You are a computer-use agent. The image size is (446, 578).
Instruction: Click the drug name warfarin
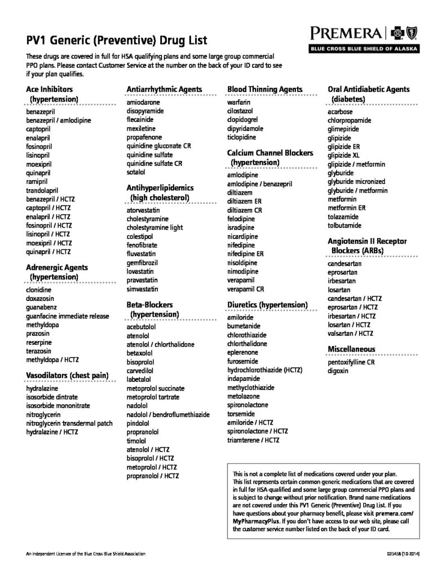tap(239, 102)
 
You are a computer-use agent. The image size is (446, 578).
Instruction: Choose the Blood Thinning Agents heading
tap(264, 89)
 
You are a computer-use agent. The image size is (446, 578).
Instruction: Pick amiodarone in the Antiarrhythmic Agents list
tap(143, 103)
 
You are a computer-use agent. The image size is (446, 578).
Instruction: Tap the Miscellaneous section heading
tap(351, 349)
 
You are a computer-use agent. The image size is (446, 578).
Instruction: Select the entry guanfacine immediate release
tap(68, 316)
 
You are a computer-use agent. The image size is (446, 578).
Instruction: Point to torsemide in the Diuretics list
tap(241, 414)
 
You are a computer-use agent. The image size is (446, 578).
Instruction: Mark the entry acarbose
tap(341, 112)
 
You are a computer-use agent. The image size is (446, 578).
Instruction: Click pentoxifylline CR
tap(351, 362)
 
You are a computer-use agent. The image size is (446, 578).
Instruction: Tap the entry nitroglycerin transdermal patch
tap(69, 423)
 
